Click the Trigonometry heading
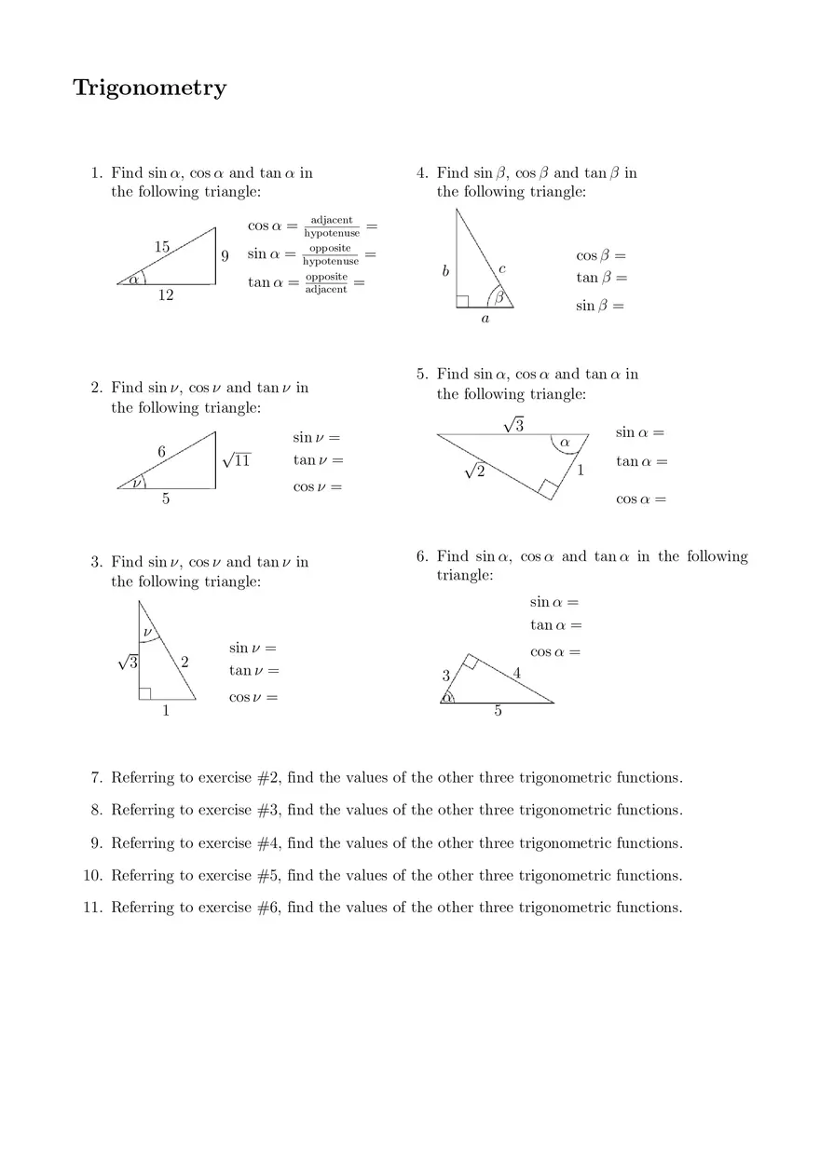click(149, 88)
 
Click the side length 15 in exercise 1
click(162, 247)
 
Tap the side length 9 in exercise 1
click(225, 255)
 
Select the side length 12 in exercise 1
click(166, 295)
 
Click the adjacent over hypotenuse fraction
click(331, 226)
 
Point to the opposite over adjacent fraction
click(326, 283)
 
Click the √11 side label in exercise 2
click(238, 460)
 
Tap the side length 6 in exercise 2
click(161, 452)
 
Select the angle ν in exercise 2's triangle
click(137, 482)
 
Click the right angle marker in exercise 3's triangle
click(144, 693)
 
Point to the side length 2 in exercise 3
click(184, 663)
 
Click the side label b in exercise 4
click(445, 271)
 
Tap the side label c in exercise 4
click(502, 268)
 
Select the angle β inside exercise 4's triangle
click(499, 297)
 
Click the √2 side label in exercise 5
click(475, 472)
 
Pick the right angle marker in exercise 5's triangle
click(547, 487)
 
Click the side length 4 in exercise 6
click(517, 672)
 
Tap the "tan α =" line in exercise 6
click(555, 625)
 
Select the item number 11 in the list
click(91, 908)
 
